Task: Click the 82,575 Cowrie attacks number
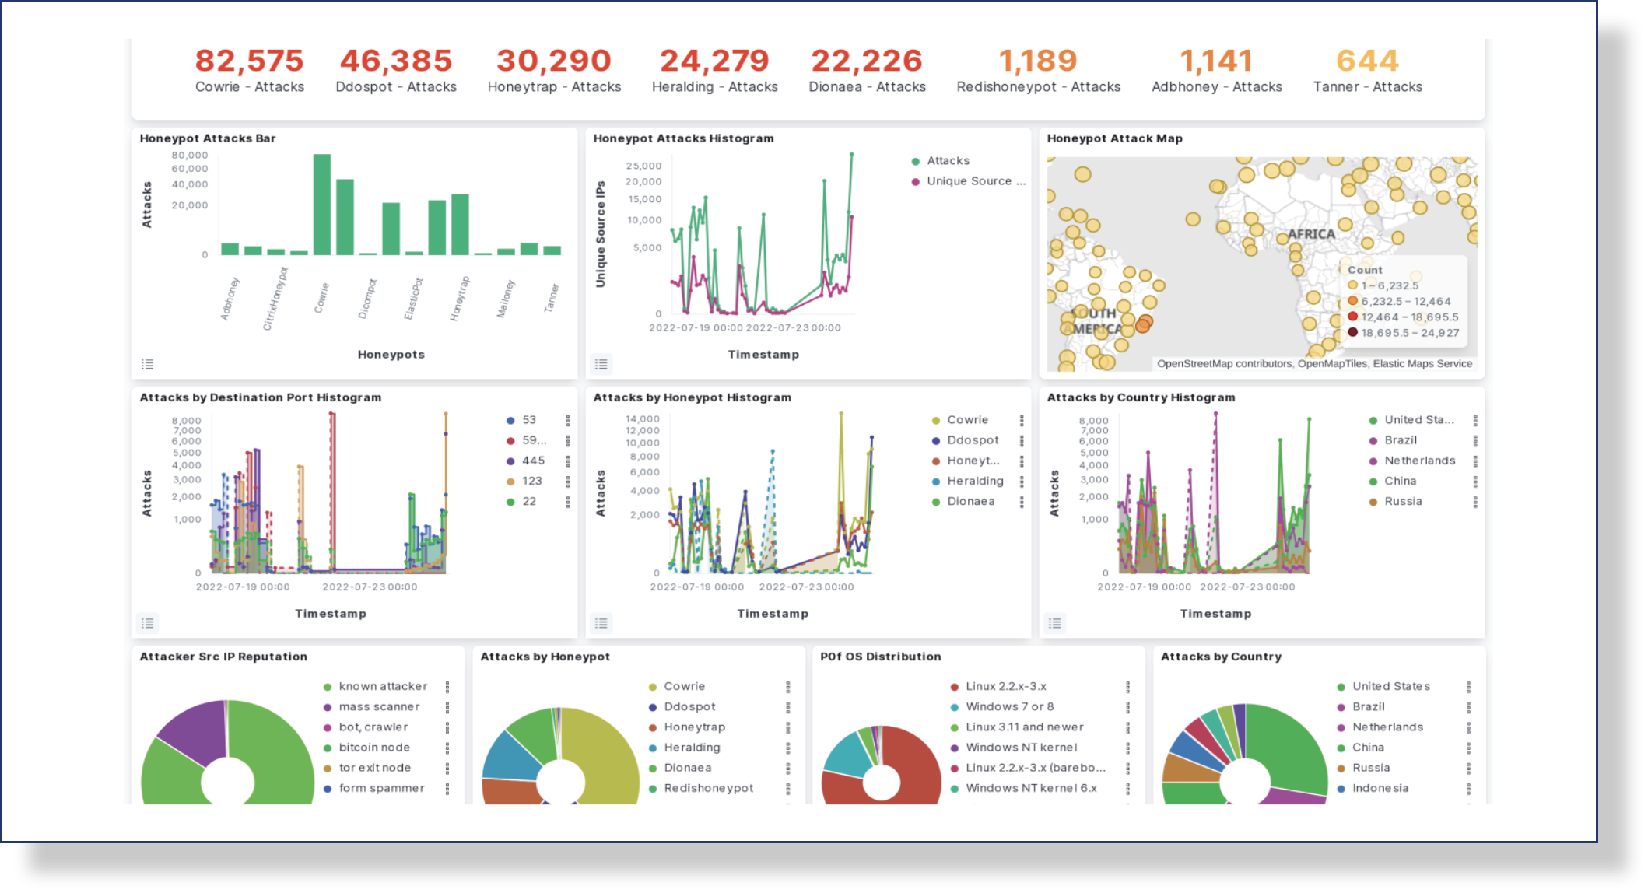coord(249,61)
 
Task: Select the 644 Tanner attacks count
coord(1367,61)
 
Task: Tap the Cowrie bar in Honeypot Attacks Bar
coord(321,205)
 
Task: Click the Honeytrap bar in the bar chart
coord(460,225)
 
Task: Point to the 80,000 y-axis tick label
coord(190,155)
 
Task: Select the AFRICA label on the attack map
coord(1310,233)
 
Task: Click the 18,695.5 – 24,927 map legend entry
coord(1409,333)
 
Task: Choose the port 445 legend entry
coord(533,461)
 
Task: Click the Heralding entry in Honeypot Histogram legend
coord(975,481)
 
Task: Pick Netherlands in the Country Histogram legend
coord(1419,461)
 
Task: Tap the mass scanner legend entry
coord(379,706)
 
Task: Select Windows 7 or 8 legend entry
coord(1009,706)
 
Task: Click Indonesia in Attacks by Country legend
coord(1380,788)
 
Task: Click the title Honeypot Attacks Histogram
coord(683,138)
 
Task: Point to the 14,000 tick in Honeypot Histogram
coord(642,418)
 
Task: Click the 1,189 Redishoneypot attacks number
coord(1038,61)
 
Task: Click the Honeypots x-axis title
coord(391,354)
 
